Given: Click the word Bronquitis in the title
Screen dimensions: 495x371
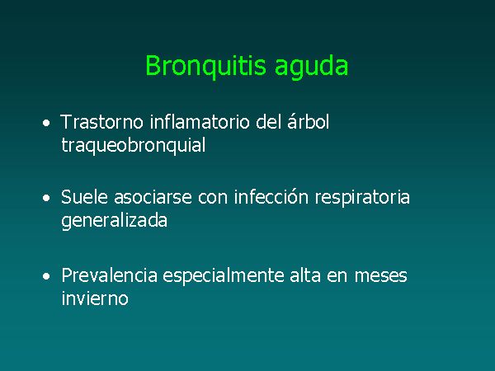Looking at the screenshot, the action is [205, 67].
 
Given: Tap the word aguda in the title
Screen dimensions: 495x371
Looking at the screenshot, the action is [311, 67].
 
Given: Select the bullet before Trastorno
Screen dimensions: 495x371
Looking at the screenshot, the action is [46, 123].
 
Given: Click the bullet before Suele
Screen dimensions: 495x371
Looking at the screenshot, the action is [46, 198].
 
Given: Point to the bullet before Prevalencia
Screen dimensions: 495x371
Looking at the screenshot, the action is [46, 276].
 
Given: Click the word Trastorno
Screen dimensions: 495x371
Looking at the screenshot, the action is [101, 122].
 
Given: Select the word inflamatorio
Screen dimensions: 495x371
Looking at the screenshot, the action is [200, 122].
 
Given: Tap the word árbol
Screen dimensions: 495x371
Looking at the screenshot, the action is [308, 121].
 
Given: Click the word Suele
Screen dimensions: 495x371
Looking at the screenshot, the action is [85, 197].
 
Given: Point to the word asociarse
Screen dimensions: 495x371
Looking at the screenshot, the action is [153, 198].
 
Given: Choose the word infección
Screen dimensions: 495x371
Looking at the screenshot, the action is [271, 197].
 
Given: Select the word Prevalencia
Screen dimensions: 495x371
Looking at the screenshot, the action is [109, 275].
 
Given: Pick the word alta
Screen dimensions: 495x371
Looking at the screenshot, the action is [305, 275].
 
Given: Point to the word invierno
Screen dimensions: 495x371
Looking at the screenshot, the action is [95, 298].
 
